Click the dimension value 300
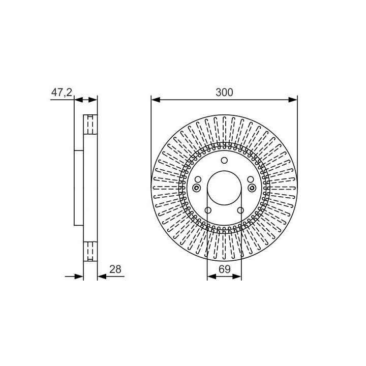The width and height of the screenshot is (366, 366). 224,93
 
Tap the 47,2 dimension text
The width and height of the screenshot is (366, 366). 62,93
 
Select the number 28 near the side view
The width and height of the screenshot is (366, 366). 115,269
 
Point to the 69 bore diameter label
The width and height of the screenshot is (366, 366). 225,269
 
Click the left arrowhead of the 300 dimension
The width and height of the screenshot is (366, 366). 156,100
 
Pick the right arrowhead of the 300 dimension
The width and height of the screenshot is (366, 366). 293,100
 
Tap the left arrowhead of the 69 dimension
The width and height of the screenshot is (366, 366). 211,277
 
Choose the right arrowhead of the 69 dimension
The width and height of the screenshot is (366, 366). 237,277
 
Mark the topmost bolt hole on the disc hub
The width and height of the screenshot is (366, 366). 224,161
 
